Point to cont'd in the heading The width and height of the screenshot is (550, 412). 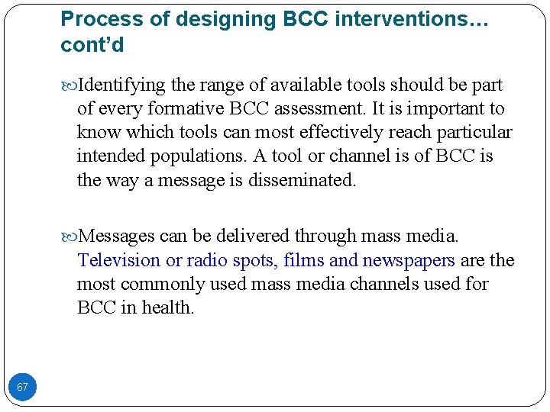point(92,46)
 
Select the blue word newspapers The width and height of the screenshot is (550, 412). point(409,260)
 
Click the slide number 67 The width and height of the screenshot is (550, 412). point(23,387)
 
